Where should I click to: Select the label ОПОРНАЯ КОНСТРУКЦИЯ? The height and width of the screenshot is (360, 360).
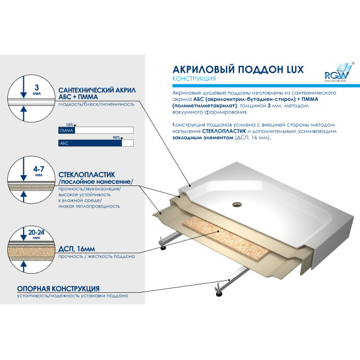pyautogui.click(x=58, y=289)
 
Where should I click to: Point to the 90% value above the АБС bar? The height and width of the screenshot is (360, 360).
pyautogui.click(x=116, y=138)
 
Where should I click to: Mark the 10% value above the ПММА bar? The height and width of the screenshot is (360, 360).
pyautogui.click(x=69, y=124)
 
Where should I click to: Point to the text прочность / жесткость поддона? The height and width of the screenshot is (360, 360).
pyautogui.click(x=97, y=256)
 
